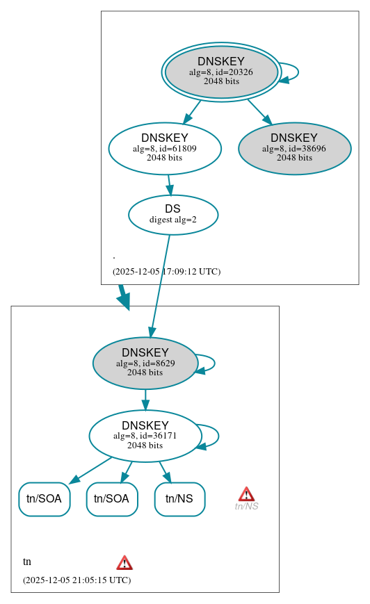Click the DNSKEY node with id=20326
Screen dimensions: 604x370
pyautogui.click(x=221, y=72)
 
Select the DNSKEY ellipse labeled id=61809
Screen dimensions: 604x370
pyautogui.click(x=165, y=148)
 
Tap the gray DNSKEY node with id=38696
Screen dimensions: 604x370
pyautogui.click(x=294, y=148)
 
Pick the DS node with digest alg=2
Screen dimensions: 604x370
pyautogui.click(x=172, y=215)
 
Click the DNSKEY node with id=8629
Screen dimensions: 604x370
pyautogui.click(x=145, y=363)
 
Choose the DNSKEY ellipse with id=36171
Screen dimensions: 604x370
pyautogui.click(x=145, y=436)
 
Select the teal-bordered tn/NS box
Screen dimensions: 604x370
pyautogui.click(x=179, y=499)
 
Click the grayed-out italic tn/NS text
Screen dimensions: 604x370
pyautogui.click(x=246, y=507)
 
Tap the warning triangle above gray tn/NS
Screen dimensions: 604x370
pyautogui.click(x=246, y=493)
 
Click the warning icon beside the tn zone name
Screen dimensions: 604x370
pyautogui.click(x=124, y=562)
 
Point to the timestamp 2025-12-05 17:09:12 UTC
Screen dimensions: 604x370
pyautogui.click(x=166, y=272)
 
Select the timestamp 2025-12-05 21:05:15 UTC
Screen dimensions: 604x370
pyautogui.click(x=77, y=580)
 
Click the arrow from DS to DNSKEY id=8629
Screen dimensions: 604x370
pyautogui.click(x=160, y=286)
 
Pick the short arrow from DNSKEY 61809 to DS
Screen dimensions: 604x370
pyautogui.click(x=169, y=184)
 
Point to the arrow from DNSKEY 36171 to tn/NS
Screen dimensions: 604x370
pyautogui.click(x=165, y=471)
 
